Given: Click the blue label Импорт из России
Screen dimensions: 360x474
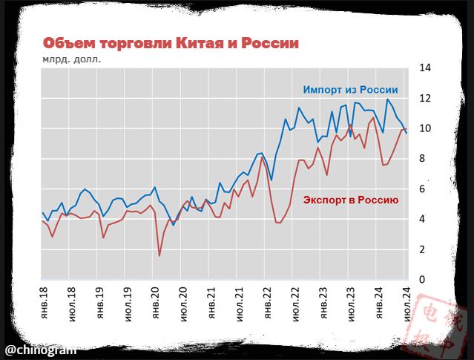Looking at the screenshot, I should coord(350,90).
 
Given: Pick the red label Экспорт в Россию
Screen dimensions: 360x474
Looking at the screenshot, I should coord(352,200).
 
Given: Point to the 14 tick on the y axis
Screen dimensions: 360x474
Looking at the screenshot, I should coord(425,68).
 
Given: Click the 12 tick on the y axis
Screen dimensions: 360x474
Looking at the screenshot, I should coord(425,98).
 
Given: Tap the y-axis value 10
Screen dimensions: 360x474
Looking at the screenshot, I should coord(425,128).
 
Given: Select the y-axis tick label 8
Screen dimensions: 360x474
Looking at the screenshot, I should coord(423,159).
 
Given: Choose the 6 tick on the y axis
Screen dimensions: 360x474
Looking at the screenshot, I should coord(423,189).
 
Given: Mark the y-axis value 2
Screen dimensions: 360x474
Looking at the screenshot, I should coord(423,249).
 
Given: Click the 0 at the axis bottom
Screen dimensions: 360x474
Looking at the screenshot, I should coord(423,280).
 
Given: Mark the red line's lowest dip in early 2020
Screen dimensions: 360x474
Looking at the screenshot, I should coord(159,256).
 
